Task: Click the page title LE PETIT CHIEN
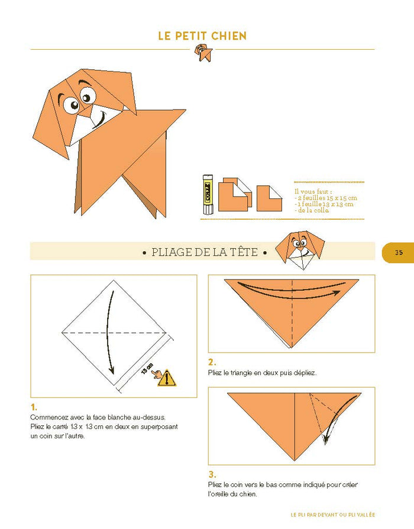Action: [202, 36]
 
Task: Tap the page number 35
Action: [399, 252]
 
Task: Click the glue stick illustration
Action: [207, 194]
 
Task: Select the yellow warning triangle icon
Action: [167, 377]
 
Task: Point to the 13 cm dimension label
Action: [147, 370]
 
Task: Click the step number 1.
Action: [34, 407]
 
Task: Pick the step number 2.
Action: [212, 362]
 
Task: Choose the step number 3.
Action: [212, 474]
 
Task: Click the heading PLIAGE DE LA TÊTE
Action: [204, 252]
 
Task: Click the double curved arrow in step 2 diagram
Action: [290, 290]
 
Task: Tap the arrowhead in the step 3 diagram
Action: [326, 440]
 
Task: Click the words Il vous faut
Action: [308, 191]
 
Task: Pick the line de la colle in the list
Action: [312, 210]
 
